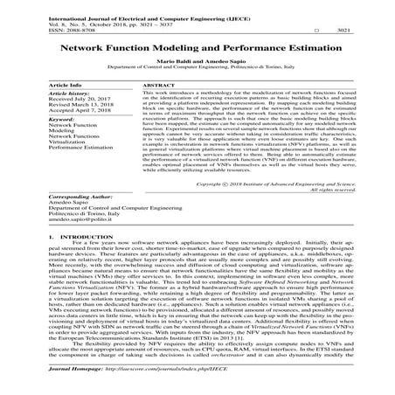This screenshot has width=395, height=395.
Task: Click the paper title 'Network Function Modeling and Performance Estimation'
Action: pos(197,52)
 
